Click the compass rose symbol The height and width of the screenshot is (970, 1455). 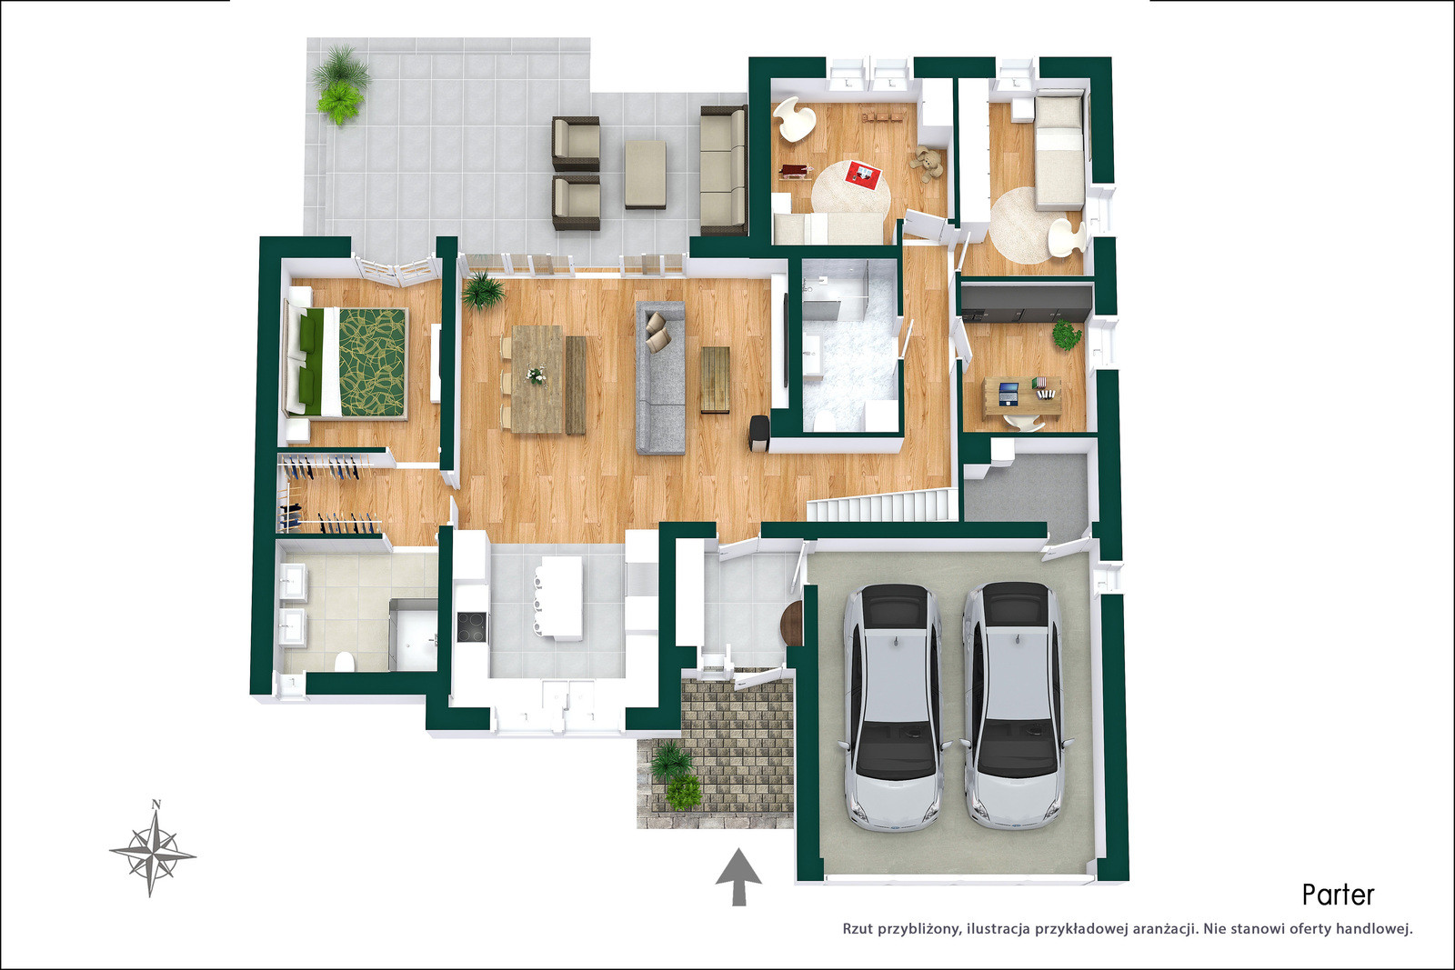[x=153, y=854]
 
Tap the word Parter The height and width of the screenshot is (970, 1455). [x=1338, y=895]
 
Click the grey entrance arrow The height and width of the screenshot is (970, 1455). [x=738, y=876]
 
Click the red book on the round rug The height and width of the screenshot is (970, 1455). [x=863, y=172]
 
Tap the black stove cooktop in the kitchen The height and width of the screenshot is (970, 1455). [x=471, y=626]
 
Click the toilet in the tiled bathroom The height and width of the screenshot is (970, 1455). [x=345, y=662]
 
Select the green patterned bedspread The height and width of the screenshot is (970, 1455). [x=372, y=363]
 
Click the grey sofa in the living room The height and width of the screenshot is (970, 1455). [x=660, y=377]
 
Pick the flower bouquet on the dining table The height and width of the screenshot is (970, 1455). [x=536, y=375]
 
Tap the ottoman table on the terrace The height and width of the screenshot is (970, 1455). [x=646, y=174]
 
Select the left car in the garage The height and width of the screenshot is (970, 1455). [x=892, y=706]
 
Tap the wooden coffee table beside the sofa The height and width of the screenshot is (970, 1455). [x=715, y=380]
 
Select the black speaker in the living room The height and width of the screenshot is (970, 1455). [x=759, y=433]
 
